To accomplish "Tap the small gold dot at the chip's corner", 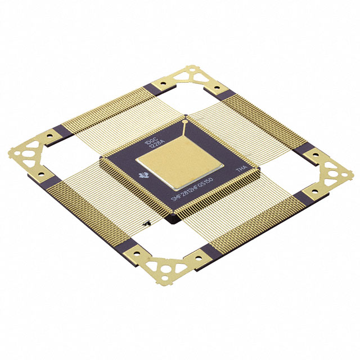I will [186, 119].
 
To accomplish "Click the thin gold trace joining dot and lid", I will [184, 128].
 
